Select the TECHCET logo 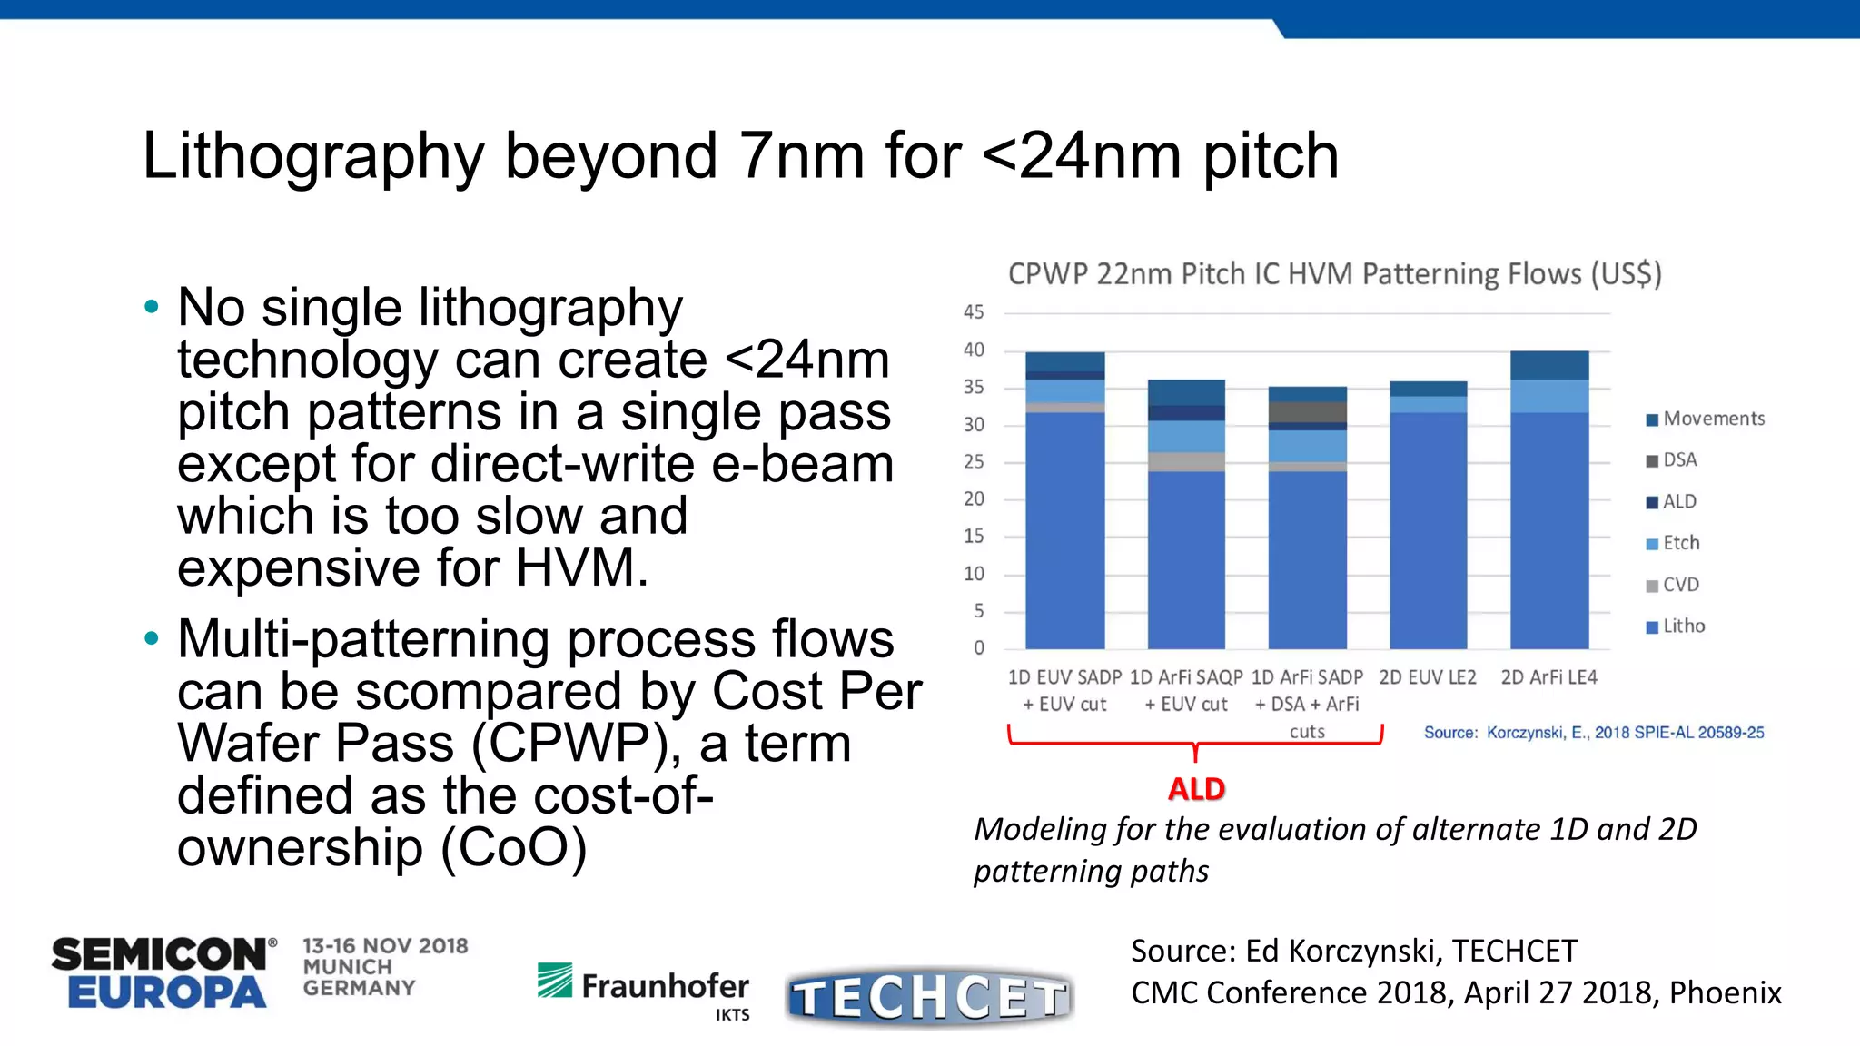928,997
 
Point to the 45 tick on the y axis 973,312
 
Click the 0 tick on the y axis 978,648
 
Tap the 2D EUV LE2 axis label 1427,677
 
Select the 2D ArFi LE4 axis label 1548,677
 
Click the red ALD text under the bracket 1196,789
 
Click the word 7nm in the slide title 801,156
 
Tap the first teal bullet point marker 152,307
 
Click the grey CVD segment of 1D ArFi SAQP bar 1186,461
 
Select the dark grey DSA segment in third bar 1307,411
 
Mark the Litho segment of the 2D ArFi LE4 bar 1548,531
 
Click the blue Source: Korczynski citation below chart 1593,733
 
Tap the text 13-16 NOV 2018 385,946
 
